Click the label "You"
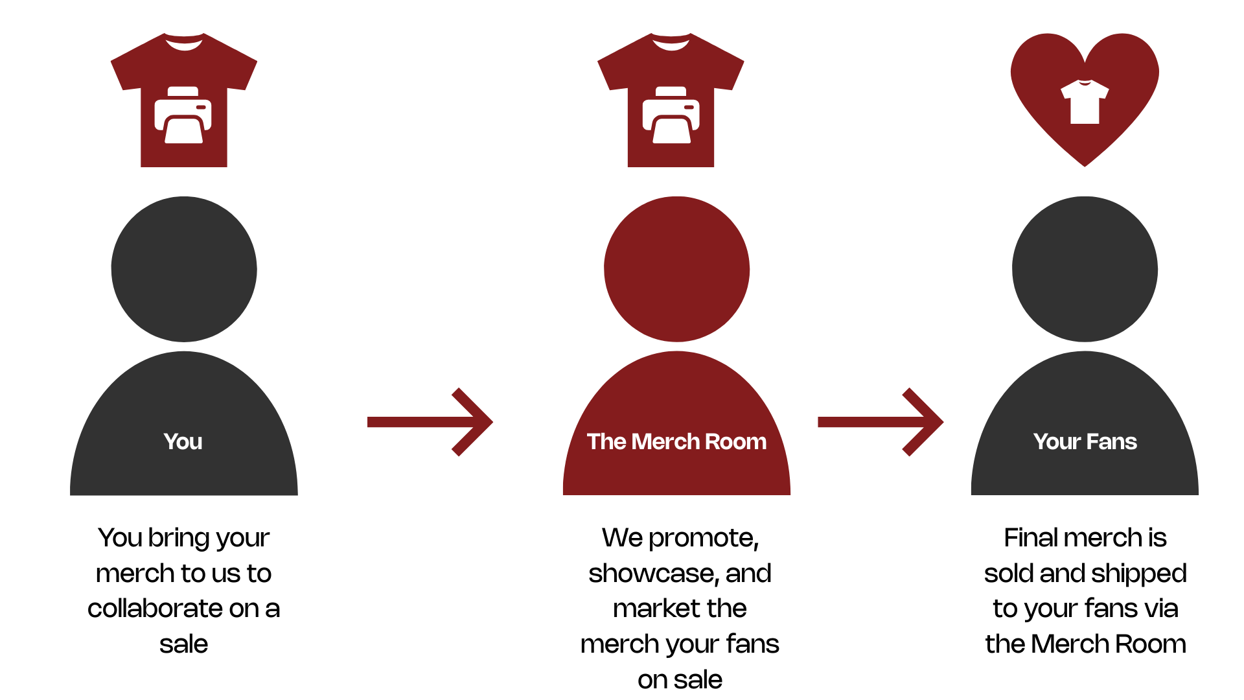(183, 442)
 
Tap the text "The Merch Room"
(676, 442)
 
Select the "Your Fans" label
(1085, 442)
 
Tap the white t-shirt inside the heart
(1085, 102)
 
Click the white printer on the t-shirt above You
(183, 115)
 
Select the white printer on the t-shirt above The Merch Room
(671, 115)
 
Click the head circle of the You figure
(184, 269)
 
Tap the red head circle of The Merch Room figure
(676, 269)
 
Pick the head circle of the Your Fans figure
(1085, 269)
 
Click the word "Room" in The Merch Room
(735, 442)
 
